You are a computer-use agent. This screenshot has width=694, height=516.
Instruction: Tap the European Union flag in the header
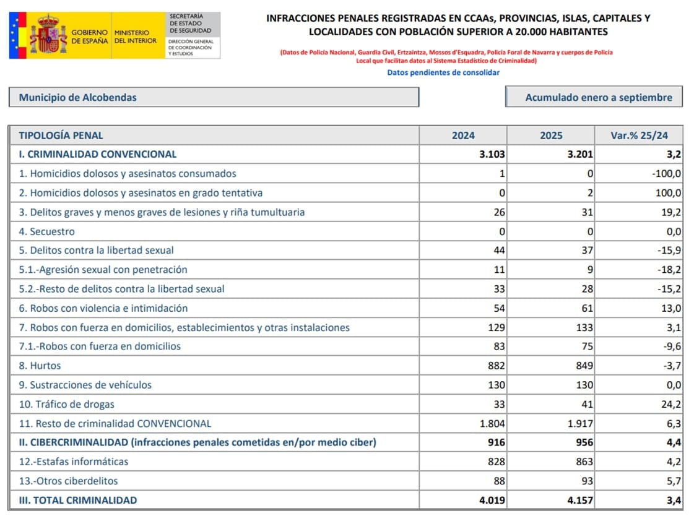[16, 35]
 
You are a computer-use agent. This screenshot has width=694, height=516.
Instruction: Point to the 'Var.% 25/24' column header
[638, 135]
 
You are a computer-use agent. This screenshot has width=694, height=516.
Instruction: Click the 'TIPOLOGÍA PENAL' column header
[61, 135]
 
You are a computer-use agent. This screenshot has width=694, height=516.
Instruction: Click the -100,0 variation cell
[666, 174]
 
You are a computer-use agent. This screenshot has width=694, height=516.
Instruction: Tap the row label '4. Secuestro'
[52, 231]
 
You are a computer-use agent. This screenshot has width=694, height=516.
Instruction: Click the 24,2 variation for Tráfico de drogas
[671, 404]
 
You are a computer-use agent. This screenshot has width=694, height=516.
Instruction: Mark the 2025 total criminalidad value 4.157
[580, 500]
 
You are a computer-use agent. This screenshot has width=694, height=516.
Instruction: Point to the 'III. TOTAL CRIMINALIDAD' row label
[78, 500]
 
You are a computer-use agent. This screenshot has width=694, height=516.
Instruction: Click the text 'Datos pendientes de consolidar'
[443, 72]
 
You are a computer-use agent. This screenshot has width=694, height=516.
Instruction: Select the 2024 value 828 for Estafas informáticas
[496, 462]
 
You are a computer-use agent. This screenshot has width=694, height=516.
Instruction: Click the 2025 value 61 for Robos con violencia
[586, 308]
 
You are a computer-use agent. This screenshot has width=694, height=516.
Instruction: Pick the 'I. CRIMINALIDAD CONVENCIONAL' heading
[98, 154]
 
